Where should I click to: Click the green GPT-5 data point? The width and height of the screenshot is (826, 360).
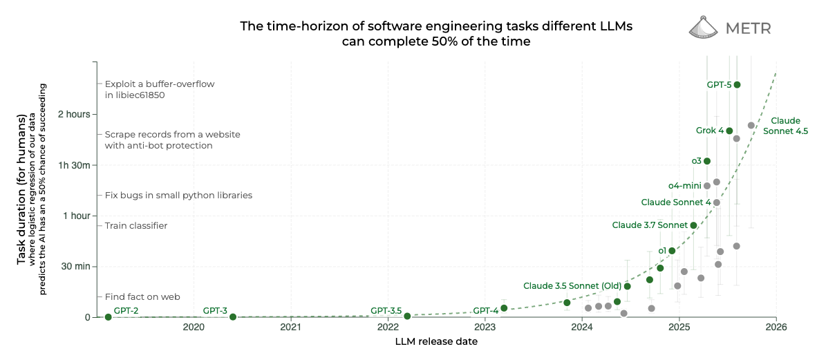pos(737,85)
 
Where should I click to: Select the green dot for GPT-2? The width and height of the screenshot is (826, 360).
pos(108,317)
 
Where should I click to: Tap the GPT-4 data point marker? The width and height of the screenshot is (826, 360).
pos(504,308)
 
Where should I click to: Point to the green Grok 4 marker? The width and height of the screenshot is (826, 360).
pos(729,131)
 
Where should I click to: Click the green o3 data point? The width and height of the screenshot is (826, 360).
pos(707,161)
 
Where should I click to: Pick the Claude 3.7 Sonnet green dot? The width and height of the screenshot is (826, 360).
pos(693,225)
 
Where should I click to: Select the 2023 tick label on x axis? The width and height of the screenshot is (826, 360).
pos(485,328)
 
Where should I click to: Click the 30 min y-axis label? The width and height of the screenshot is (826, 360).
pos(76,266)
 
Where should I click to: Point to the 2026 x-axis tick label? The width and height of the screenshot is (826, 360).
pos(776,328)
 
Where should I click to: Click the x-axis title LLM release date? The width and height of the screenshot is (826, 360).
pos(436,342)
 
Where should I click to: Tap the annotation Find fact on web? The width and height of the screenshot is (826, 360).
pos(143,297)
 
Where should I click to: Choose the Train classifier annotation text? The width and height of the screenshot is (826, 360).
pos(136,226)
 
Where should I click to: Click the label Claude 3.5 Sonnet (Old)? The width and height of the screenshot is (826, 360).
pos(572,286)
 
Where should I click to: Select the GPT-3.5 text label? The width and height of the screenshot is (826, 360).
pos(386,310)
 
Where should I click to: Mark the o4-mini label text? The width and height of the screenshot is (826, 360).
pos(685,186)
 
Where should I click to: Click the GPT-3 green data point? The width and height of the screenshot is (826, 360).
pos(233,317)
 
